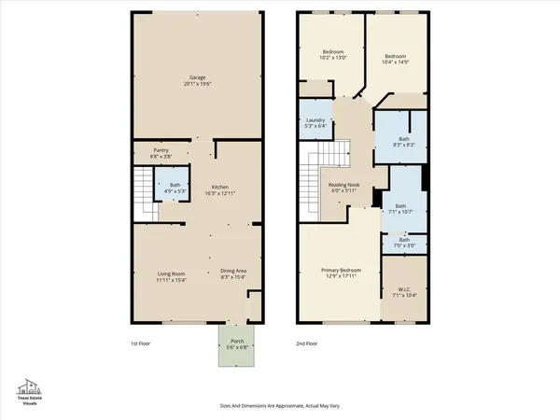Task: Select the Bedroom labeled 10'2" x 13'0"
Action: [334, 54]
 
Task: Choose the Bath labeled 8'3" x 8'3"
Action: [400, 141]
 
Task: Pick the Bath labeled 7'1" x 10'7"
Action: [400, 208]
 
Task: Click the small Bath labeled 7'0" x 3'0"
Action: [404, 243]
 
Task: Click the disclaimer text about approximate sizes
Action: [280, 406]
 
